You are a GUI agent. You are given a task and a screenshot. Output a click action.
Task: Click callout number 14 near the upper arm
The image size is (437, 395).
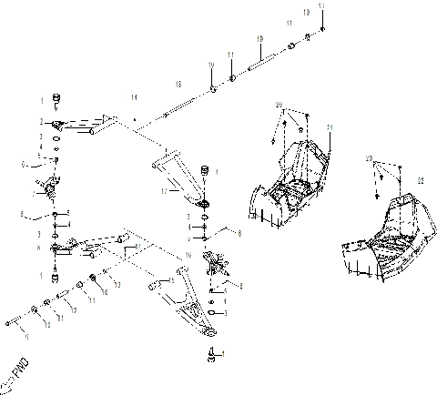point(133,96)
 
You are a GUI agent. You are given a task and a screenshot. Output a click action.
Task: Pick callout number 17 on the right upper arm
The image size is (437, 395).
point(164,191)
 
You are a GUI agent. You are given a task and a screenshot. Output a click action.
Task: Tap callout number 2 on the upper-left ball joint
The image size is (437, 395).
point(42,120)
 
